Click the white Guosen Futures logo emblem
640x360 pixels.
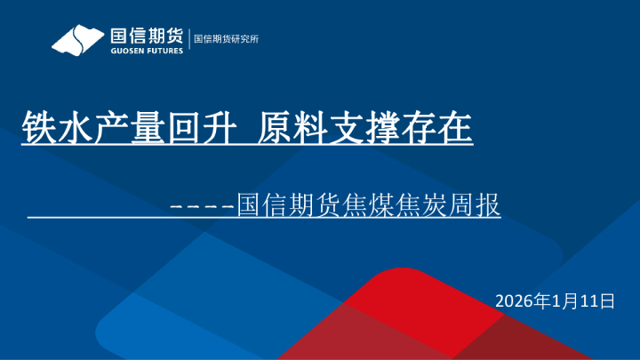pos(78,41)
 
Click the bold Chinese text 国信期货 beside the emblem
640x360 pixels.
pos(146,36)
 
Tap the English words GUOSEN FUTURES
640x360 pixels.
pos(146,51)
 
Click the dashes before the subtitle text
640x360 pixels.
pos(202,206)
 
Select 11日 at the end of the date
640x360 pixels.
pos(597,301)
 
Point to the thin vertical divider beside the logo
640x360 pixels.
pos(188,39)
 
